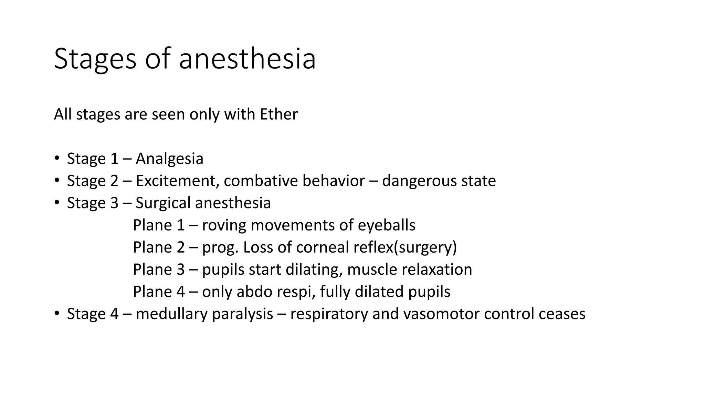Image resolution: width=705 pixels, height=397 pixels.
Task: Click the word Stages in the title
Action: coord(95,59)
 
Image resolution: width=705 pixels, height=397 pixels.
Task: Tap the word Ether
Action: coord(278,114)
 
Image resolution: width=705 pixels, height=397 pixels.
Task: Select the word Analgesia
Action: coord(169,159)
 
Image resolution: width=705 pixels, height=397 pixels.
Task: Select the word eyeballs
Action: coord(387,225)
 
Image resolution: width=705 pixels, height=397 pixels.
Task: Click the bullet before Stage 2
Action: coord(56,181)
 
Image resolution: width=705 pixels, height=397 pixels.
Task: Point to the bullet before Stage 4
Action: coord(56,314)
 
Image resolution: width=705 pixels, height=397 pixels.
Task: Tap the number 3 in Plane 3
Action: coord(181,269)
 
